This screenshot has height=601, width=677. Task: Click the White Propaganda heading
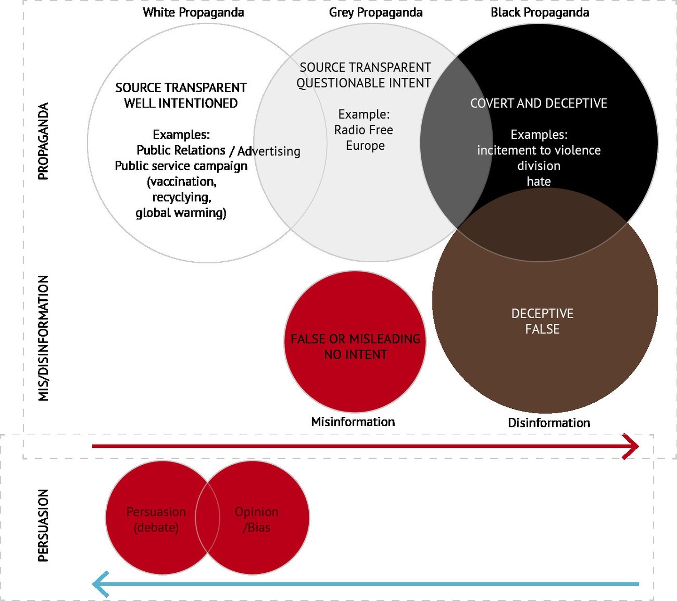point(193,13)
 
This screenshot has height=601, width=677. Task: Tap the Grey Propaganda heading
point(376,13)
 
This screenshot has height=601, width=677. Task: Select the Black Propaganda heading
point(540,13)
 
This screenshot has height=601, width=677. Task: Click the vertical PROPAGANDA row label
point(43,141)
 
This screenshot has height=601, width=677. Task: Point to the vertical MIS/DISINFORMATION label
point(43,338)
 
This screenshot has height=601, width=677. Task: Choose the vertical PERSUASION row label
point(43,525)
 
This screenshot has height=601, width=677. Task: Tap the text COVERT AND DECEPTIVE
point(539,103)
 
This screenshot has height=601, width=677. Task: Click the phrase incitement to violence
point(539,150)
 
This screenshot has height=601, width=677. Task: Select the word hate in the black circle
point(539,181)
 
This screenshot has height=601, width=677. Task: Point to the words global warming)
point(181,213)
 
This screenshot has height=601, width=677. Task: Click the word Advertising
point(269,151)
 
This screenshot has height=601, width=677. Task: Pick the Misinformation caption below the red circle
point(353,422)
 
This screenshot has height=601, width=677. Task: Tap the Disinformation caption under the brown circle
point(549,423)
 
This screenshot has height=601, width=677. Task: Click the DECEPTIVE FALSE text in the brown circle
point(543,321)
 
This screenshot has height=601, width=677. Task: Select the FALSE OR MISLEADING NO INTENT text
point(355,347)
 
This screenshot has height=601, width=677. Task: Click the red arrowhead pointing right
point(631,446)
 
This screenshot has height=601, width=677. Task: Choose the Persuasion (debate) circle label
point(156,520)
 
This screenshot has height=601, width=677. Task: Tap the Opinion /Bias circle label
point(257,520)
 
